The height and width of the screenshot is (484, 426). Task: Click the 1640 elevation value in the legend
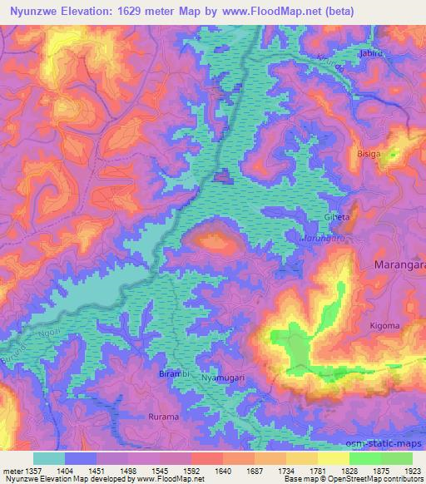tap(222, 470)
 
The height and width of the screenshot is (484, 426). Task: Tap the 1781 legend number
tap(318, 470)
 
